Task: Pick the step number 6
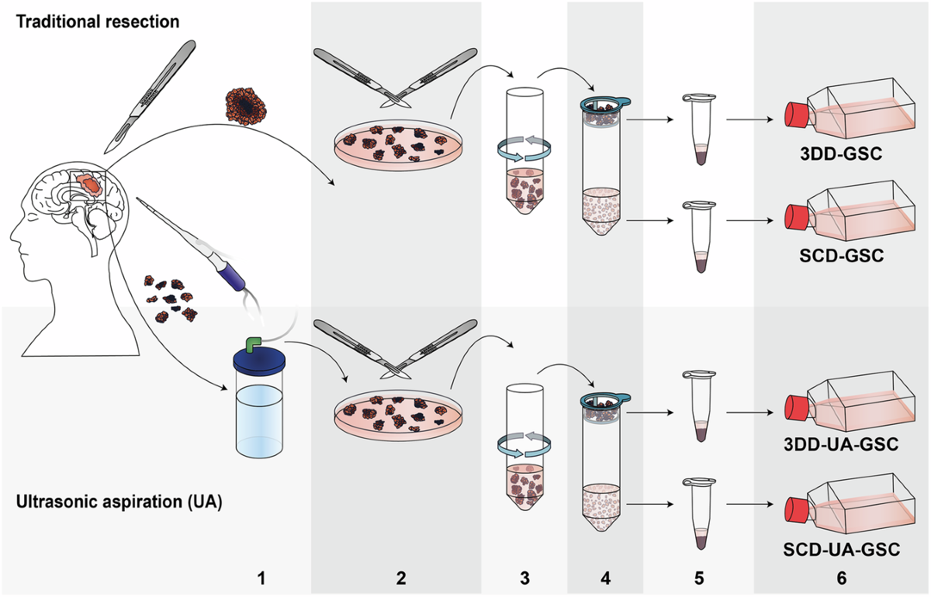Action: coord(842,578)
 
